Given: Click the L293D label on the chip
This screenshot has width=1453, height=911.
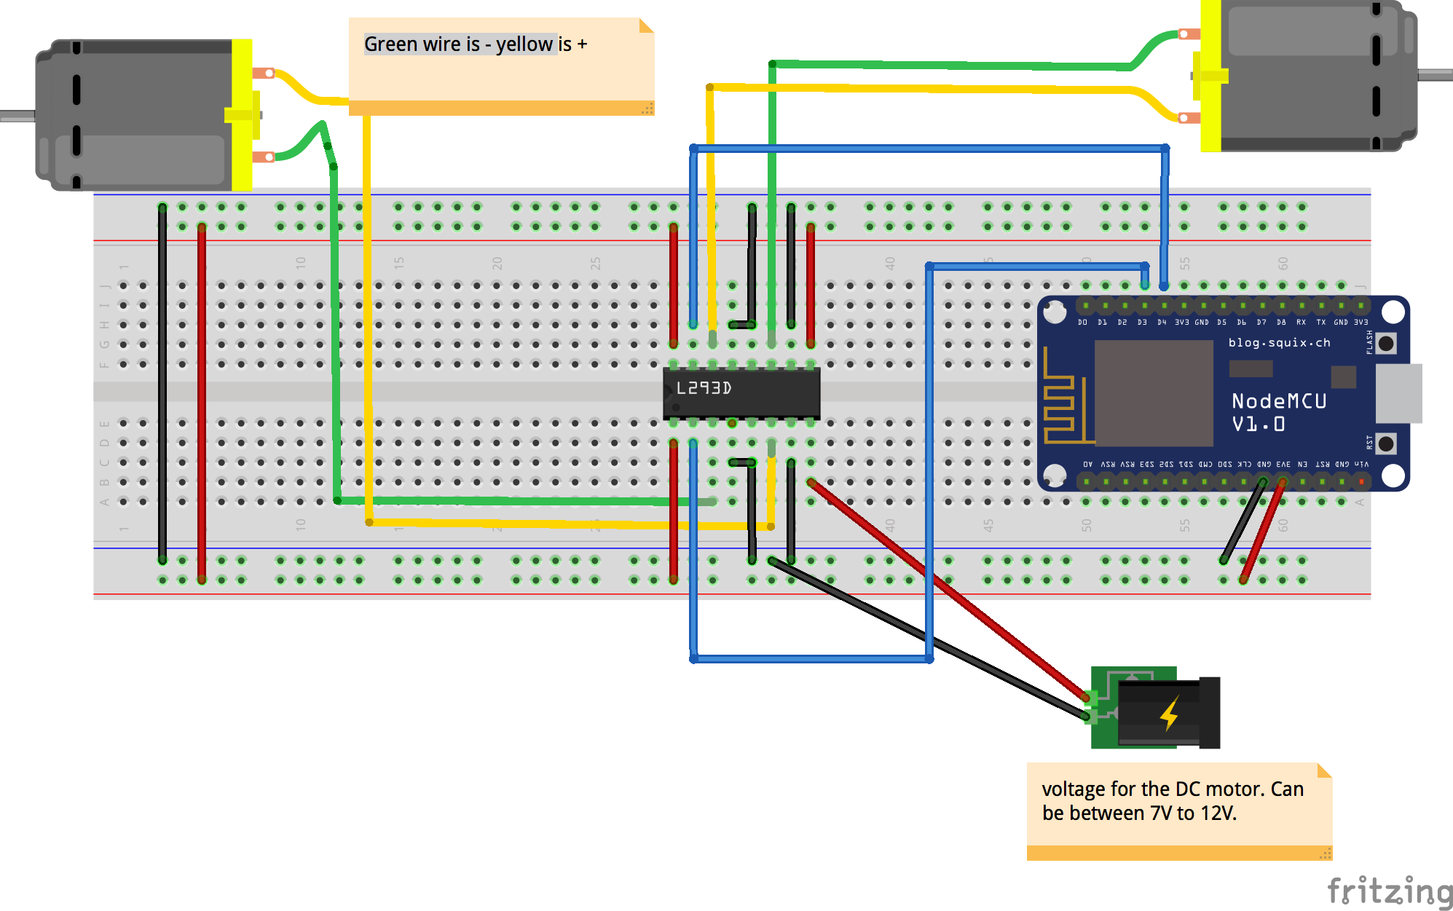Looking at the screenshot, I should (703, 388).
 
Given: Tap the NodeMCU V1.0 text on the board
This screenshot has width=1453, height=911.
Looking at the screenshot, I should (1278, 412).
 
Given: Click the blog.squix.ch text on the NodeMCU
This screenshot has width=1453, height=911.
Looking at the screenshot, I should (1279, 342).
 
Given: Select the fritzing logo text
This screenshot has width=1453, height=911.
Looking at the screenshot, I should (1389, 891).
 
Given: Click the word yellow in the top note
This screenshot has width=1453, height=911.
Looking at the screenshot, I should (524, 44).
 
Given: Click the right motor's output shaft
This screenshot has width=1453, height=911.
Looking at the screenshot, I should (1435, 74).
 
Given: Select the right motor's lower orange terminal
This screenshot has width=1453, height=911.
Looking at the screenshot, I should (1189, 118).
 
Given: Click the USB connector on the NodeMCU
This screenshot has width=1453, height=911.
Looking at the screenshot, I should (1398, 393).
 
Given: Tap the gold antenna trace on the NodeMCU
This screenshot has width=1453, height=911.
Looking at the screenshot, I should (1060, 408).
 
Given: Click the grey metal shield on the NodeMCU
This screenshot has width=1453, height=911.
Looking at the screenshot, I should (1154, 393).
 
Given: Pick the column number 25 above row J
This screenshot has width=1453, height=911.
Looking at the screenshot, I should (595, 264).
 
